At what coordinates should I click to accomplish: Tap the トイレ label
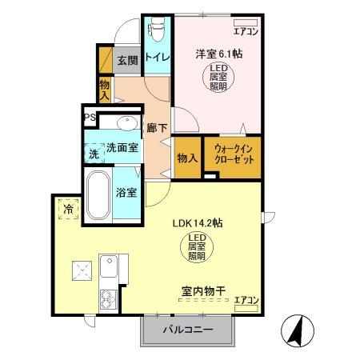(x=157, y=58)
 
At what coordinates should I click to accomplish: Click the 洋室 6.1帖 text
(x=219, y=55)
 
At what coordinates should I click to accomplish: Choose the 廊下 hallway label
(x=156, y=127)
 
